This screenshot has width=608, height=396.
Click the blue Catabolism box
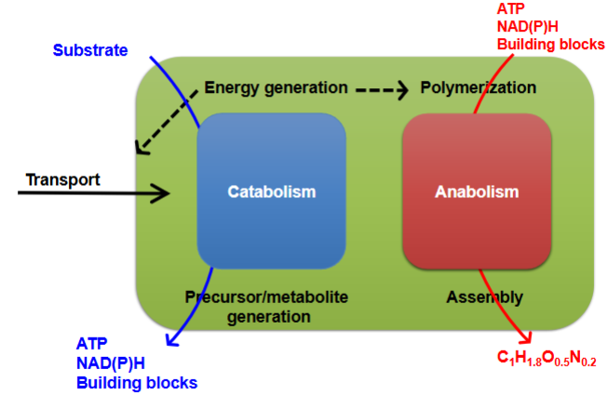pyautogui.click(x=271, y=191)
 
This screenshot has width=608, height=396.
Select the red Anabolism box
pyautogui.click(x=476, y=191)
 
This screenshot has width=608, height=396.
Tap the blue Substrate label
pyautogui.click(x=89, y=50)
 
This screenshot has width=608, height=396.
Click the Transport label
pyautogui.click(x=62, y=179)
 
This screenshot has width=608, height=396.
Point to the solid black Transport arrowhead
pyautogui.click(x=163, y=193)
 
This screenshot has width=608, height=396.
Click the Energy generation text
pyautogui.click(x=276, y=88)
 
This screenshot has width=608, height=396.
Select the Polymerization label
pyautogui.click(x=478, y=88)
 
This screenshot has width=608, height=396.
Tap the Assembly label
pyautogui.click(x=484, y=298)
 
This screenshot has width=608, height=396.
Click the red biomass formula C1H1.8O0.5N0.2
pyautogui.click(x=546, y=359)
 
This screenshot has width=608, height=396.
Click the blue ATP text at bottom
pyautogui.click(x=92, y=342)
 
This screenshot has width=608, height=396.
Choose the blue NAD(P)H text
pyautogui.click(x=113, y=362)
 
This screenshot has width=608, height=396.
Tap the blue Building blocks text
pyautogui.click(x=136, y=381)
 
